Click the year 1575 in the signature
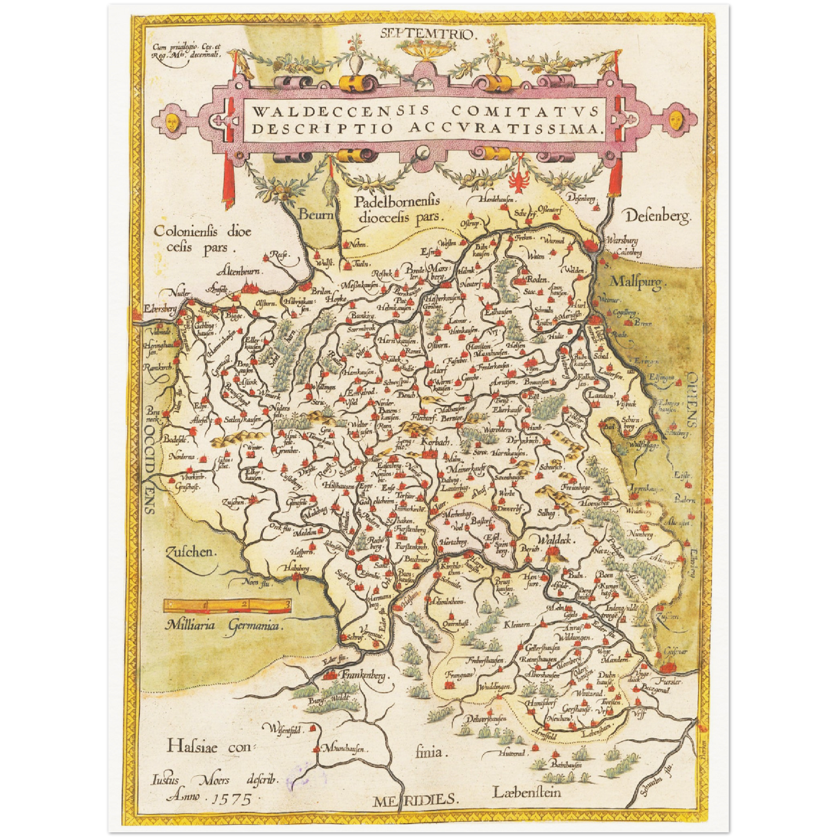pos(233,799)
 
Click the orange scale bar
pos(227,605)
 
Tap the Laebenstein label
pos(527,792)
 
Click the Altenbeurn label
pos(240,271)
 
